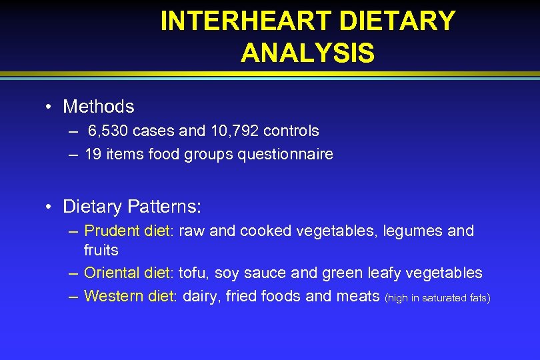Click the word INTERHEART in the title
[246, 21]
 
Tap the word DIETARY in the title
[397, 21]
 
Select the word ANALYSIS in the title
[307, 53]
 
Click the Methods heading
[99, 106]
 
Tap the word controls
[291, 131]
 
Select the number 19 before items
[93, 154]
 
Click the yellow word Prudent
[112, 231]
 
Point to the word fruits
[101, 250]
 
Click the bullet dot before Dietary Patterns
[49, 207]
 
